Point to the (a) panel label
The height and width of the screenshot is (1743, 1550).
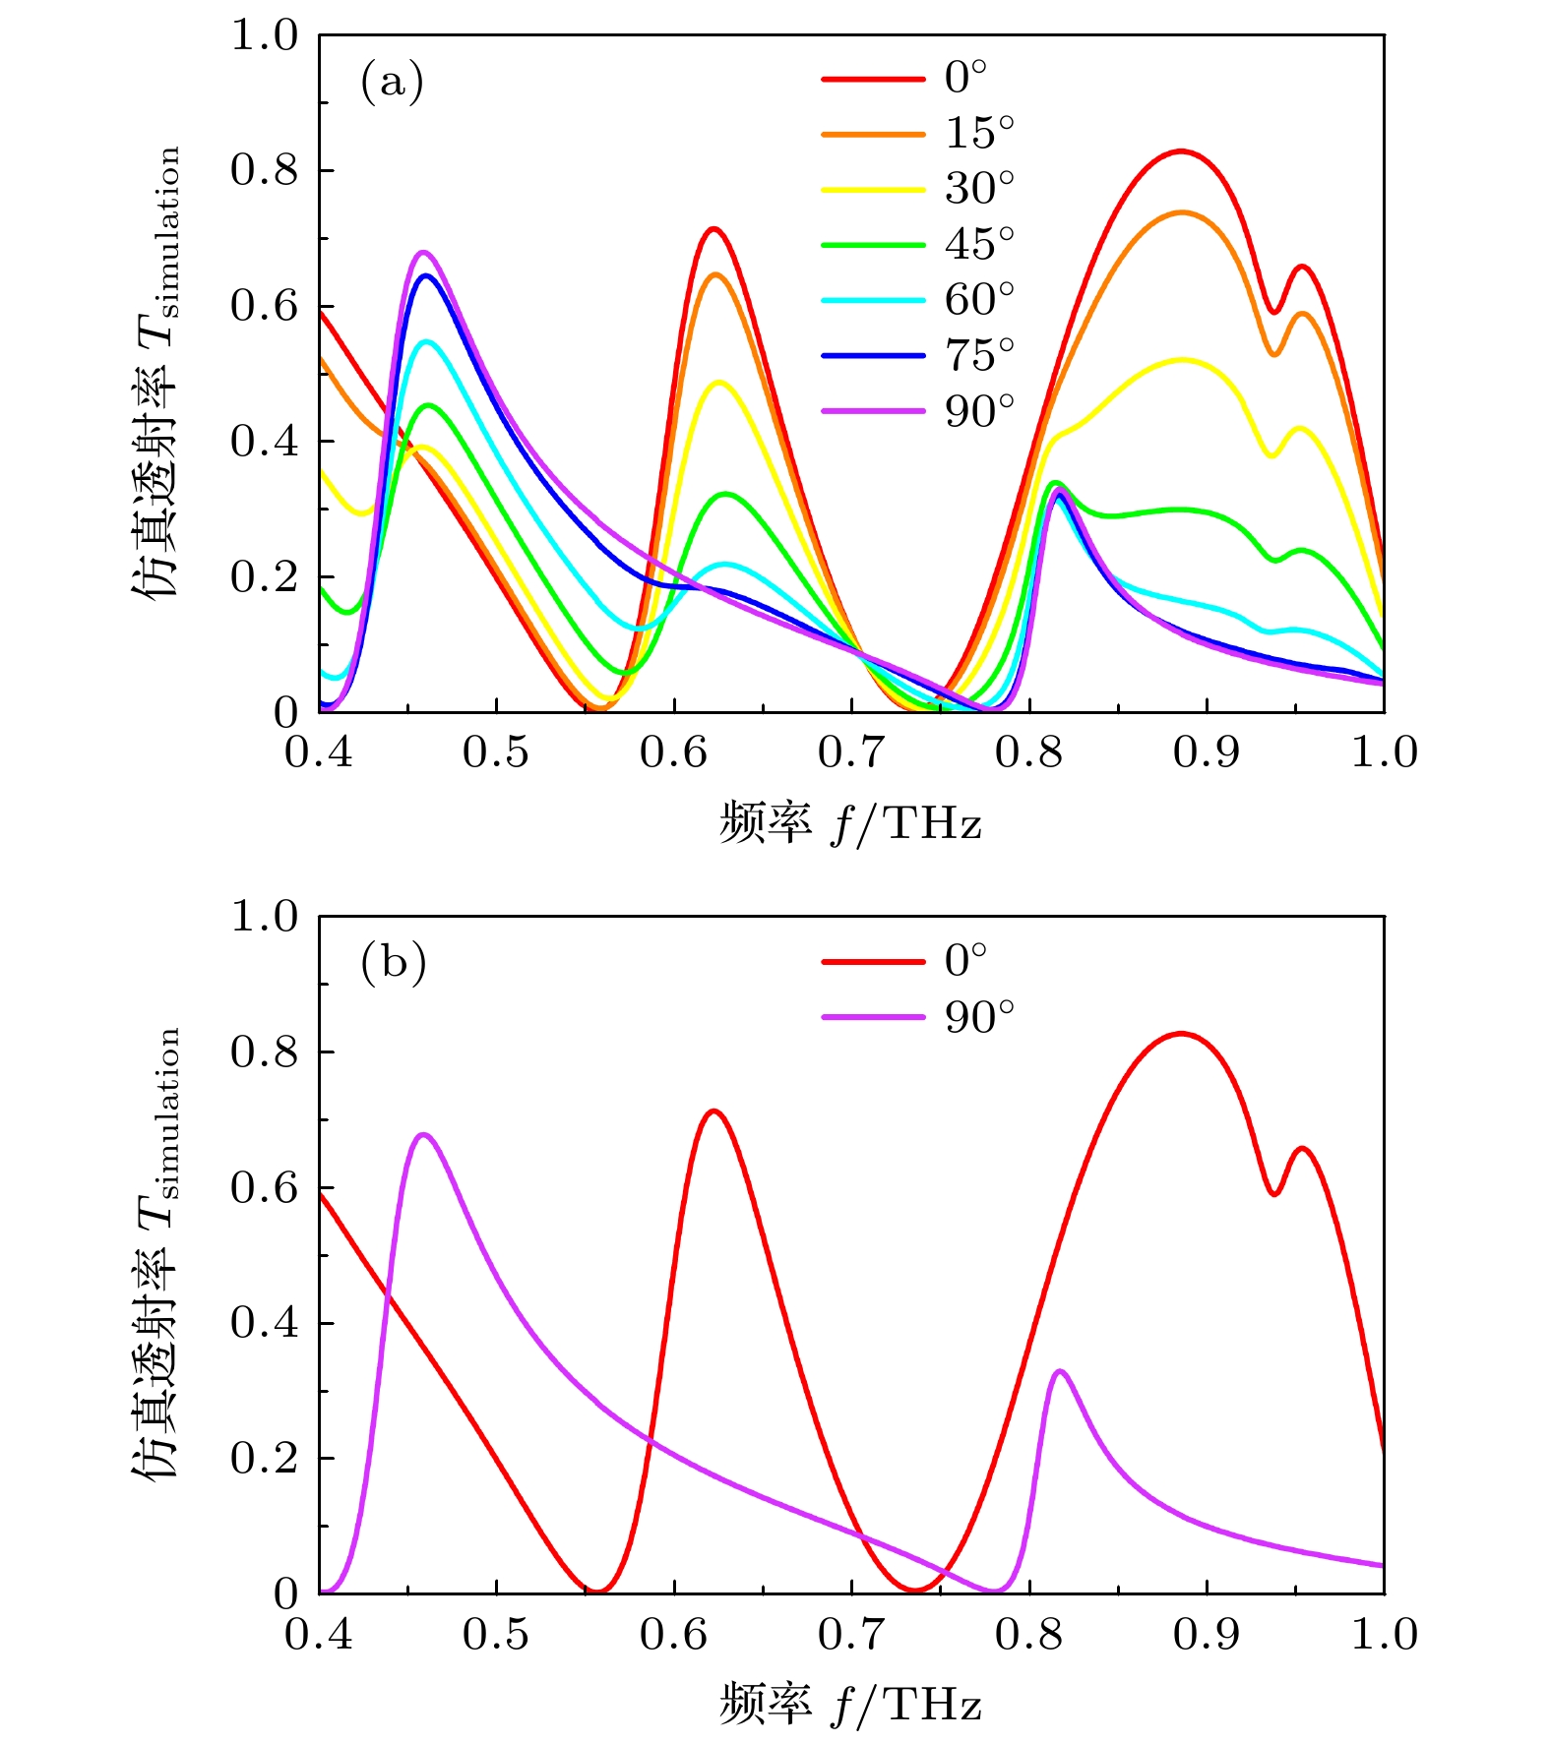[392, 83]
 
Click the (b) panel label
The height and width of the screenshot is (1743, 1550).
[393, 963]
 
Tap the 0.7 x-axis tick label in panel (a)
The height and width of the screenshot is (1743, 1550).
[851, 753]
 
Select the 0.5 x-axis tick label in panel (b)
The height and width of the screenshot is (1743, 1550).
[496, 1635]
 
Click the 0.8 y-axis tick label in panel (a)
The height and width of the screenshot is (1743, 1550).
[263, 170]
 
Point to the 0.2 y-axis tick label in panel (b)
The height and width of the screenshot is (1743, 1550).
[263, 1459]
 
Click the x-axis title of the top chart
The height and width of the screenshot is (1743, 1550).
[850, 822]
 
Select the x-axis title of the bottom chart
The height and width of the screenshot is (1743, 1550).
[850, 1704]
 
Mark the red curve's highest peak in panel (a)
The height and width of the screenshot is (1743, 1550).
[1181, 150]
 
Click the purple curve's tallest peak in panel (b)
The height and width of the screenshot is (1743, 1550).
[423, 1134]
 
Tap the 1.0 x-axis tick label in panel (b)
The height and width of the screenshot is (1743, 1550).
[1384, 1635]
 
